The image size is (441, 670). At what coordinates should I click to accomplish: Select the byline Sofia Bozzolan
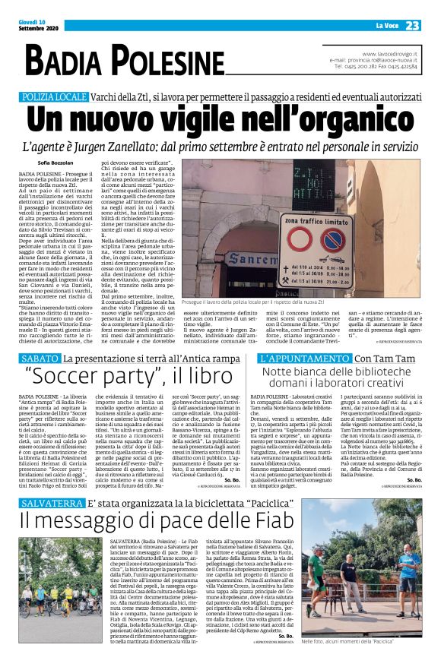[56, 163]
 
